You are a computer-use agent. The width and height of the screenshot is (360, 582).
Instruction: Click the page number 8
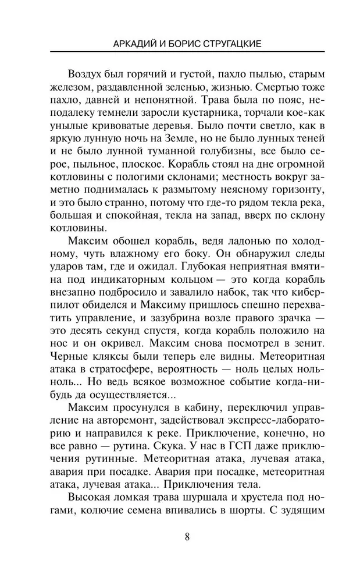coord(187,537)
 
